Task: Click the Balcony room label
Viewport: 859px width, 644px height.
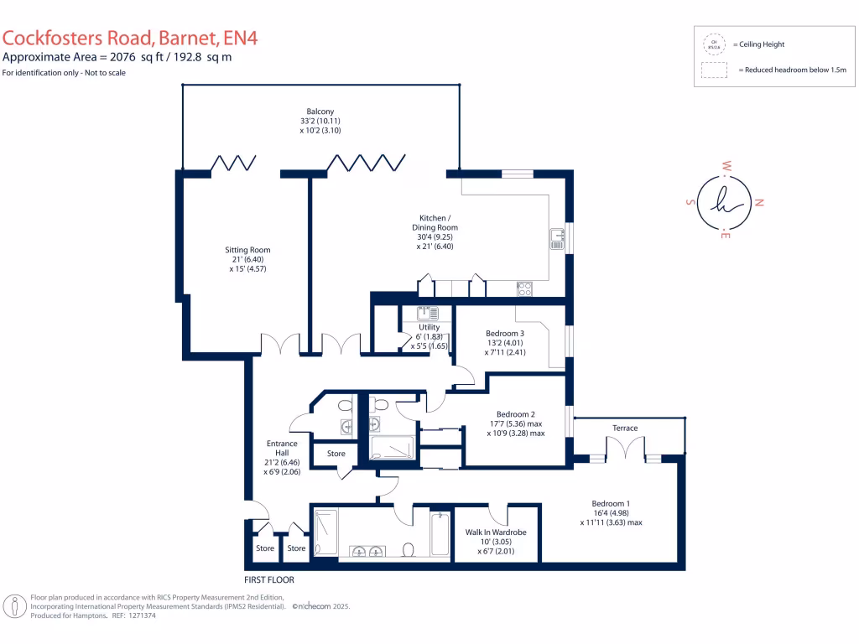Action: tap(320, 112)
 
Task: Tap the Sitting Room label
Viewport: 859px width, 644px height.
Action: tap(247, 250)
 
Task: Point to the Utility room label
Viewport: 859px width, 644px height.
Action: tap(429, 328)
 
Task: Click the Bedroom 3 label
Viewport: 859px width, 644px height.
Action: tap(505, 334)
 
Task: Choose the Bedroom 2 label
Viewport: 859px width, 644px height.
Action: tap(515, 414)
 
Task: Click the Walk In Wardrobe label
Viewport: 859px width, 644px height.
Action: tap(495, 532)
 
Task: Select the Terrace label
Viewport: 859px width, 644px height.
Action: tap(625, 428)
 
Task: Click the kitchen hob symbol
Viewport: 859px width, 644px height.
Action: tap(525, 288)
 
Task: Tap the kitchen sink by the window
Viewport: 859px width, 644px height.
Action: tap(557, 239)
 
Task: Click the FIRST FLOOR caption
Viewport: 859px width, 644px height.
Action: tap(268, 579)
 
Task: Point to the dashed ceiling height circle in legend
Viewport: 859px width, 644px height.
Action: tap(715, 44)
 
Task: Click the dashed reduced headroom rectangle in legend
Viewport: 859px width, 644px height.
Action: tap(715, 70)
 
